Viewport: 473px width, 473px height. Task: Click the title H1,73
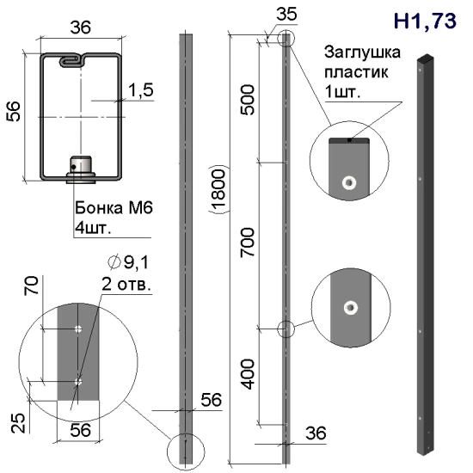[x=425, y=21]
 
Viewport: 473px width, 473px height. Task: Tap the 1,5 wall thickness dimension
[x=140, y=90]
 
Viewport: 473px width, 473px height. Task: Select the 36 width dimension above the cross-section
[x=81, y=28]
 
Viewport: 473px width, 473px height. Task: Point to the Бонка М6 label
[x=114, y=208]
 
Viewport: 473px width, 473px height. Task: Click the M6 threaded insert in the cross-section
[x=81, y=169]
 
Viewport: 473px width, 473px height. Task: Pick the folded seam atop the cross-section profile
[x=72, y=60]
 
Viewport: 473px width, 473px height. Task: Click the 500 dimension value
[x=248, y=100]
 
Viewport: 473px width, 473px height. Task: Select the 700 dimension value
[x=248, y=243]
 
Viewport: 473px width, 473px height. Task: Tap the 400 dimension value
[x=248, y=374]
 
